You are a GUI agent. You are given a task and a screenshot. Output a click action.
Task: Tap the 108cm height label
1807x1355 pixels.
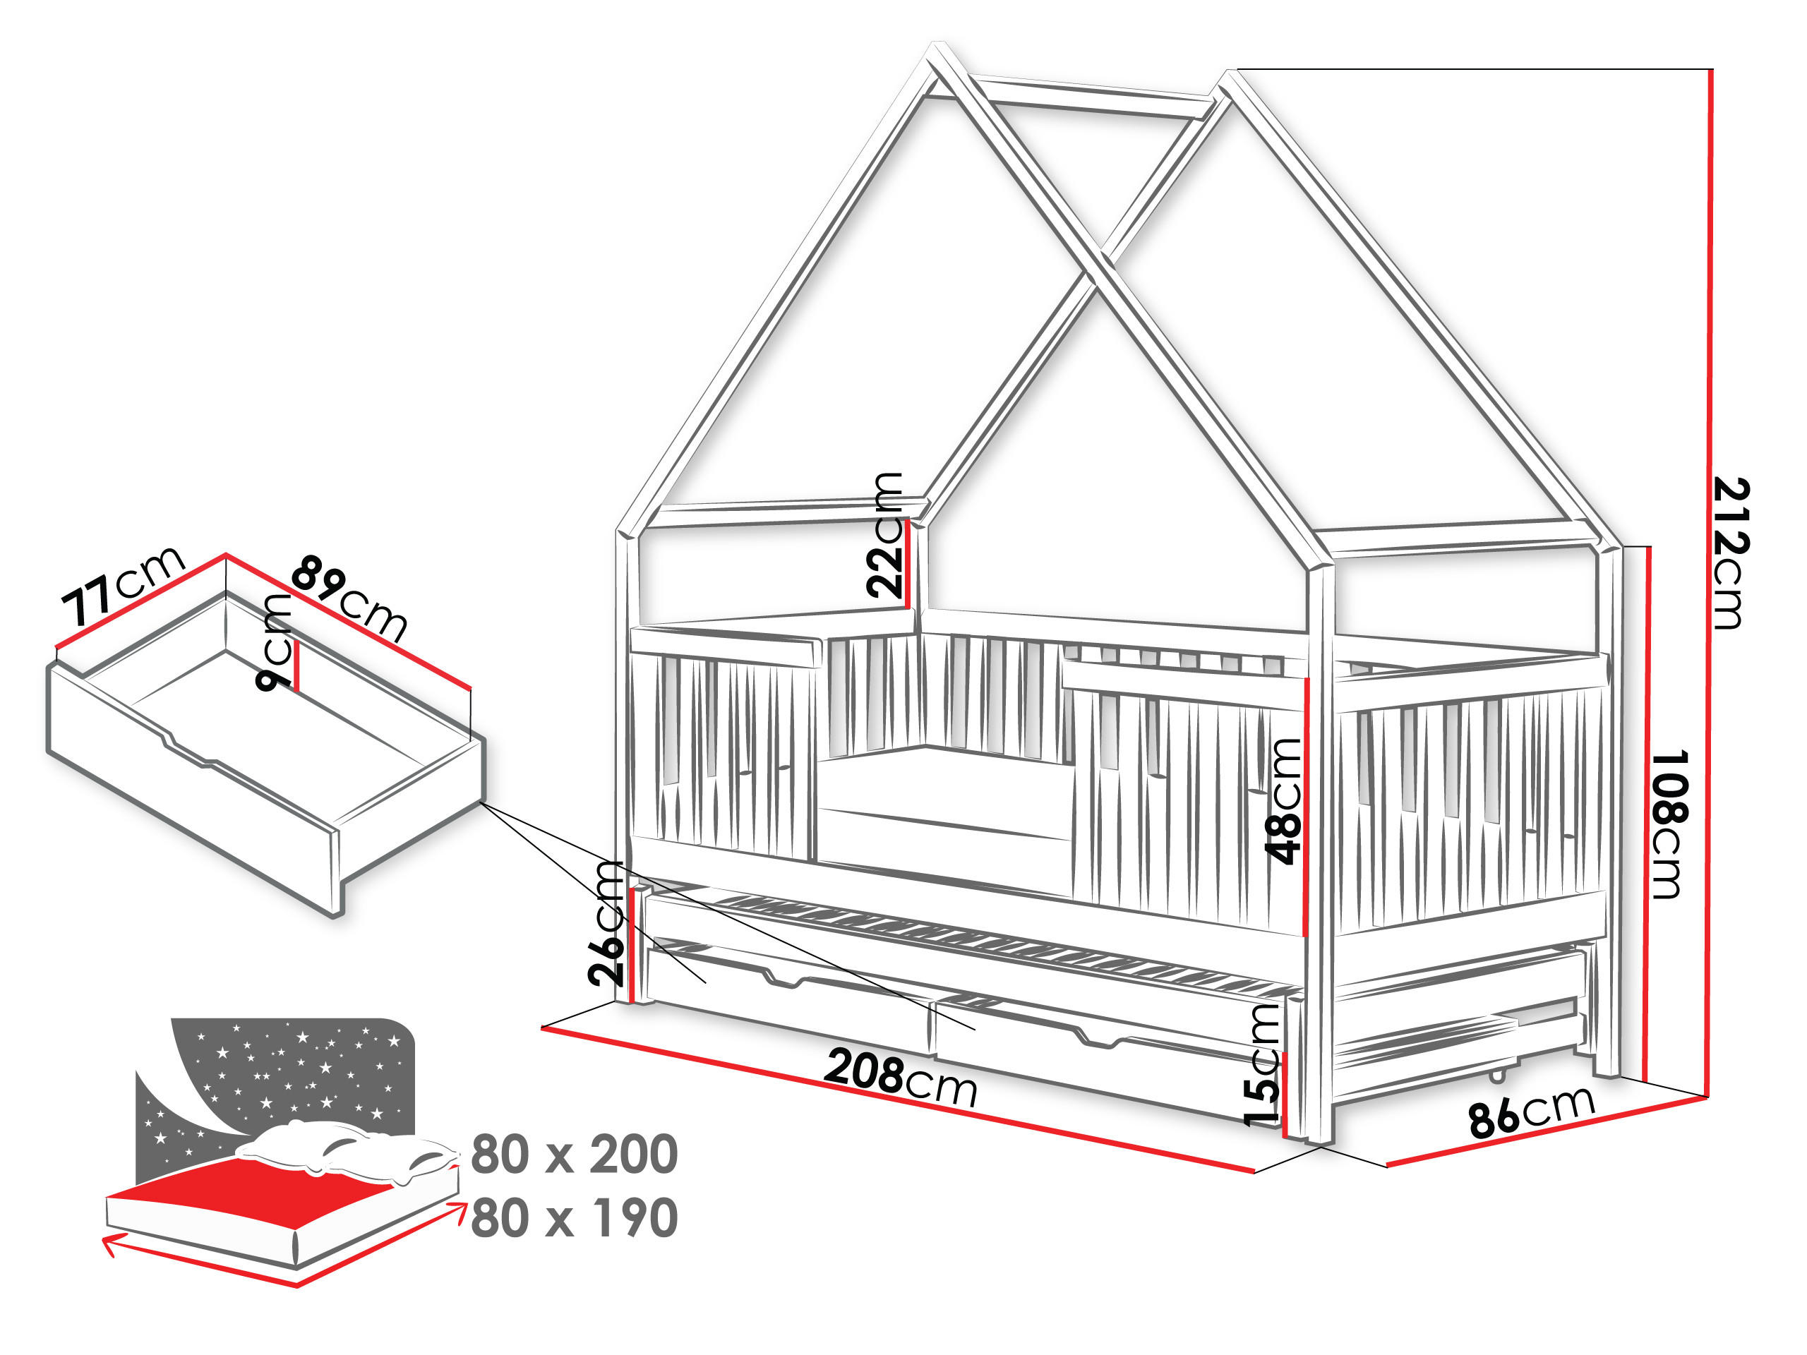[x=1668, y=825]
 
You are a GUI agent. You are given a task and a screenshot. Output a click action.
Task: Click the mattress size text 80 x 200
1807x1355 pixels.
[x=575, y=1155]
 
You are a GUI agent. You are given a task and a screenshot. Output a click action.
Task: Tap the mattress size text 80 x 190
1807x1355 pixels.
[x=575, y=1218]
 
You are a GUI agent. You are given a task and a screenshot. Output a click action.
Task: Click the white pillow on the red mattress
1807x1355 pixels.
[x=347, y=1150]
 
